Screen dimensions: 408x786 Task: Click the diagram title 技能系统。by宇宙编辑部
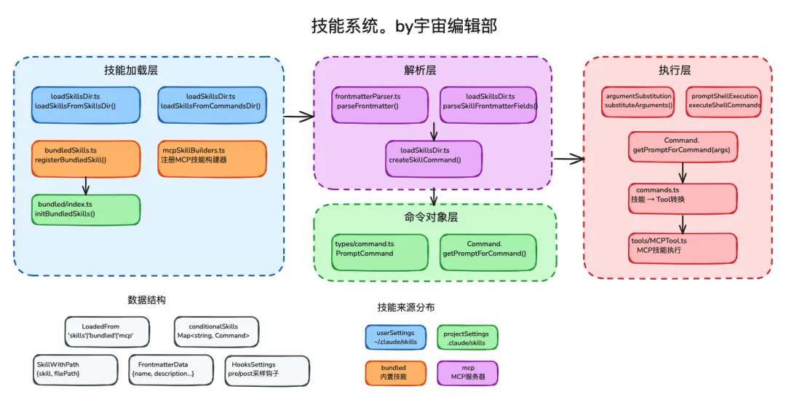pyautogui.click(x=404, y=26)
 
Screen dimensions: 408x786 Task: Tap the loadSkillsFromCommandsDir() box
pyautogui.click(x=212, y=104)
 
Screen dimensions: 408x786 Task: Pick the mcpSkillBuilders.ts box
pyautogui.click(x=212, y=158)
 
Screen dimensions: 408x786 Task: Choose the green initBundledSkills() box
pyautogui.click(x=86, y=209)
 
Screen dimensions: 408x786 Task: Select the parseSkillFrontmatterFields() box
pyautogui.click(x=488, y=104)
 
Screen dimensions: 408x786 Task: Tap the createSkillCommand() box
pyautogui.click(x=433, y=158)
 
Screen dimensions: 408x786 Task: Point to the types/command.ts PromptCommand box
pyautogui.click(x=380, y=252)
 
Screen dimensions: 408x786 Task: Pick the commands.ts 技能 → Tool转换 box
pyautogui.click(x=683, y=198)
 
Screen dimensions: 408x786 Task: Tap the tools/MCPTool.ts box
pyautogui.click(x=683, y=248)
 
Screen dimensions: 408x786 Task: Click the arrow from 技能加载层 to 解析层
pyautogui.click(x=298, y=116)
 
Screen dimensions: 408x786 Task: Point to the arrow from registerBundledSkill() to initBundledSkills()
pyautogui.click(x=86, y=185)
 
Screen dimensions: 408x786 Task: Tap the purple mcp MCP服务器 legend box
pyautogui.click(x=467, y=373)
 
